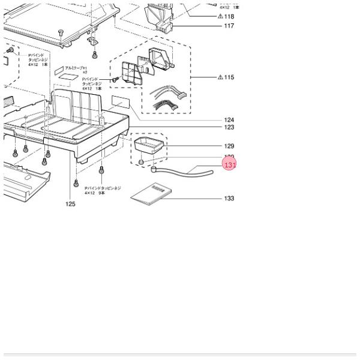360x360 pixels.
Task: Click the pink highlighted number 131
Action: click(230, 164)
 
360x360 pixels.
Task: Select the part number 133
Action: click(229, 199)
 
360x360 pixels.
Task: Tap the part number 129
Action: click(229, 146)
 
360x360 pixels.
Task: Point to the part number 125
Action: click(71, 204)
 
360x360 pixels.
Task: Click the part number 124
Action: click(229, 120)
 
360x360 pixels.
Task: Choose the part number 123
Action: click(229, 127)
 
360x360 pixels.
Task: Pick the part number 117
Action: click(229, 26)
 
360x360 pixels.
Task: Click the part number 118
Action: click(229, 16)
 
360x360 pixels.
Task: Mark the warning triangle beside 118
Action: click(220, 16)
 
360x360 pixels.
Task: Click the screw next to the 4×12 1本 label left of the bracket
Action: click(113, 80)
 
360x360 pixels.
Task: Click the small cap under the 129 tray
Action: click(140, 161)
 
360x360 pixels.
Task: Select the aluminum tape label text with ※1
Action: click(76, 69)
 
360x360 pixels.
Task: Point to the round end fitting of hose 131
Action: click(154, 169)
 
